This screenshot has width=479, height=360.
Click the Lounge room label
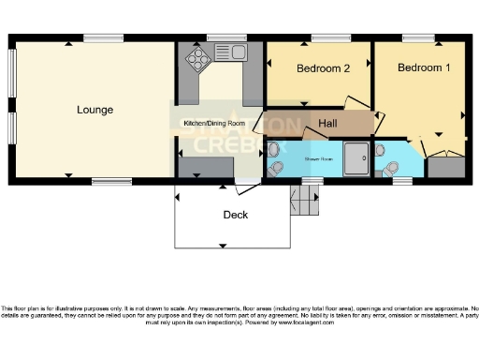coord(94,110)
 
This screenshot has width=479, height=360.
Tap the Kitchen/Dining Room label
coord(213,124)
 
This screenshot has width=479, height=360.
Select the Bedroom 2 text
coord(323,68)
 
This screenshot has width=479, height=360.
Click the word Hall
coord(327,124)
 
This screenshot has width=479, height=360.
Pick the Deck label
coord(235,215)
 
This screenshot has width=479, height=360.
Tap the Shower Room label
coord(319,159)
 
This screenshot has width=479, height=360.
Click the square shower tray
coord(356,158)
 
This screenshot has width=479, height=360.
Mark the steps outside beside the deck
coord(301,200)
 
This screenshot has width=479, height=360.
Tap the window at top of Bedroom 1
coord(414,37)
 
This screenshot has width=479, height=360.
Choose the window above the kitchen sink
coord(225,37)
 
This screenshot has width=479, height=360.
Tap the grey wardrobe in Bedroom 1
coord(444,169)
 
